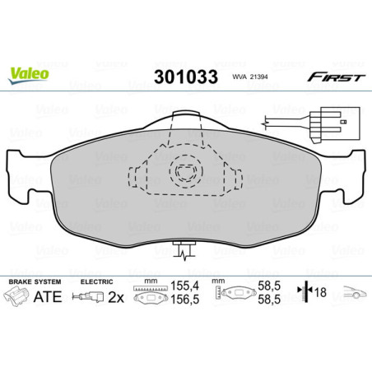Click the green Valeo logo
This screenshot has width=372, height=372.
[x=29, y=72]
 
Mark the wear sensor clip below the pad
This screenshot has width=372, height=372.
[x=187, y=247]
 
